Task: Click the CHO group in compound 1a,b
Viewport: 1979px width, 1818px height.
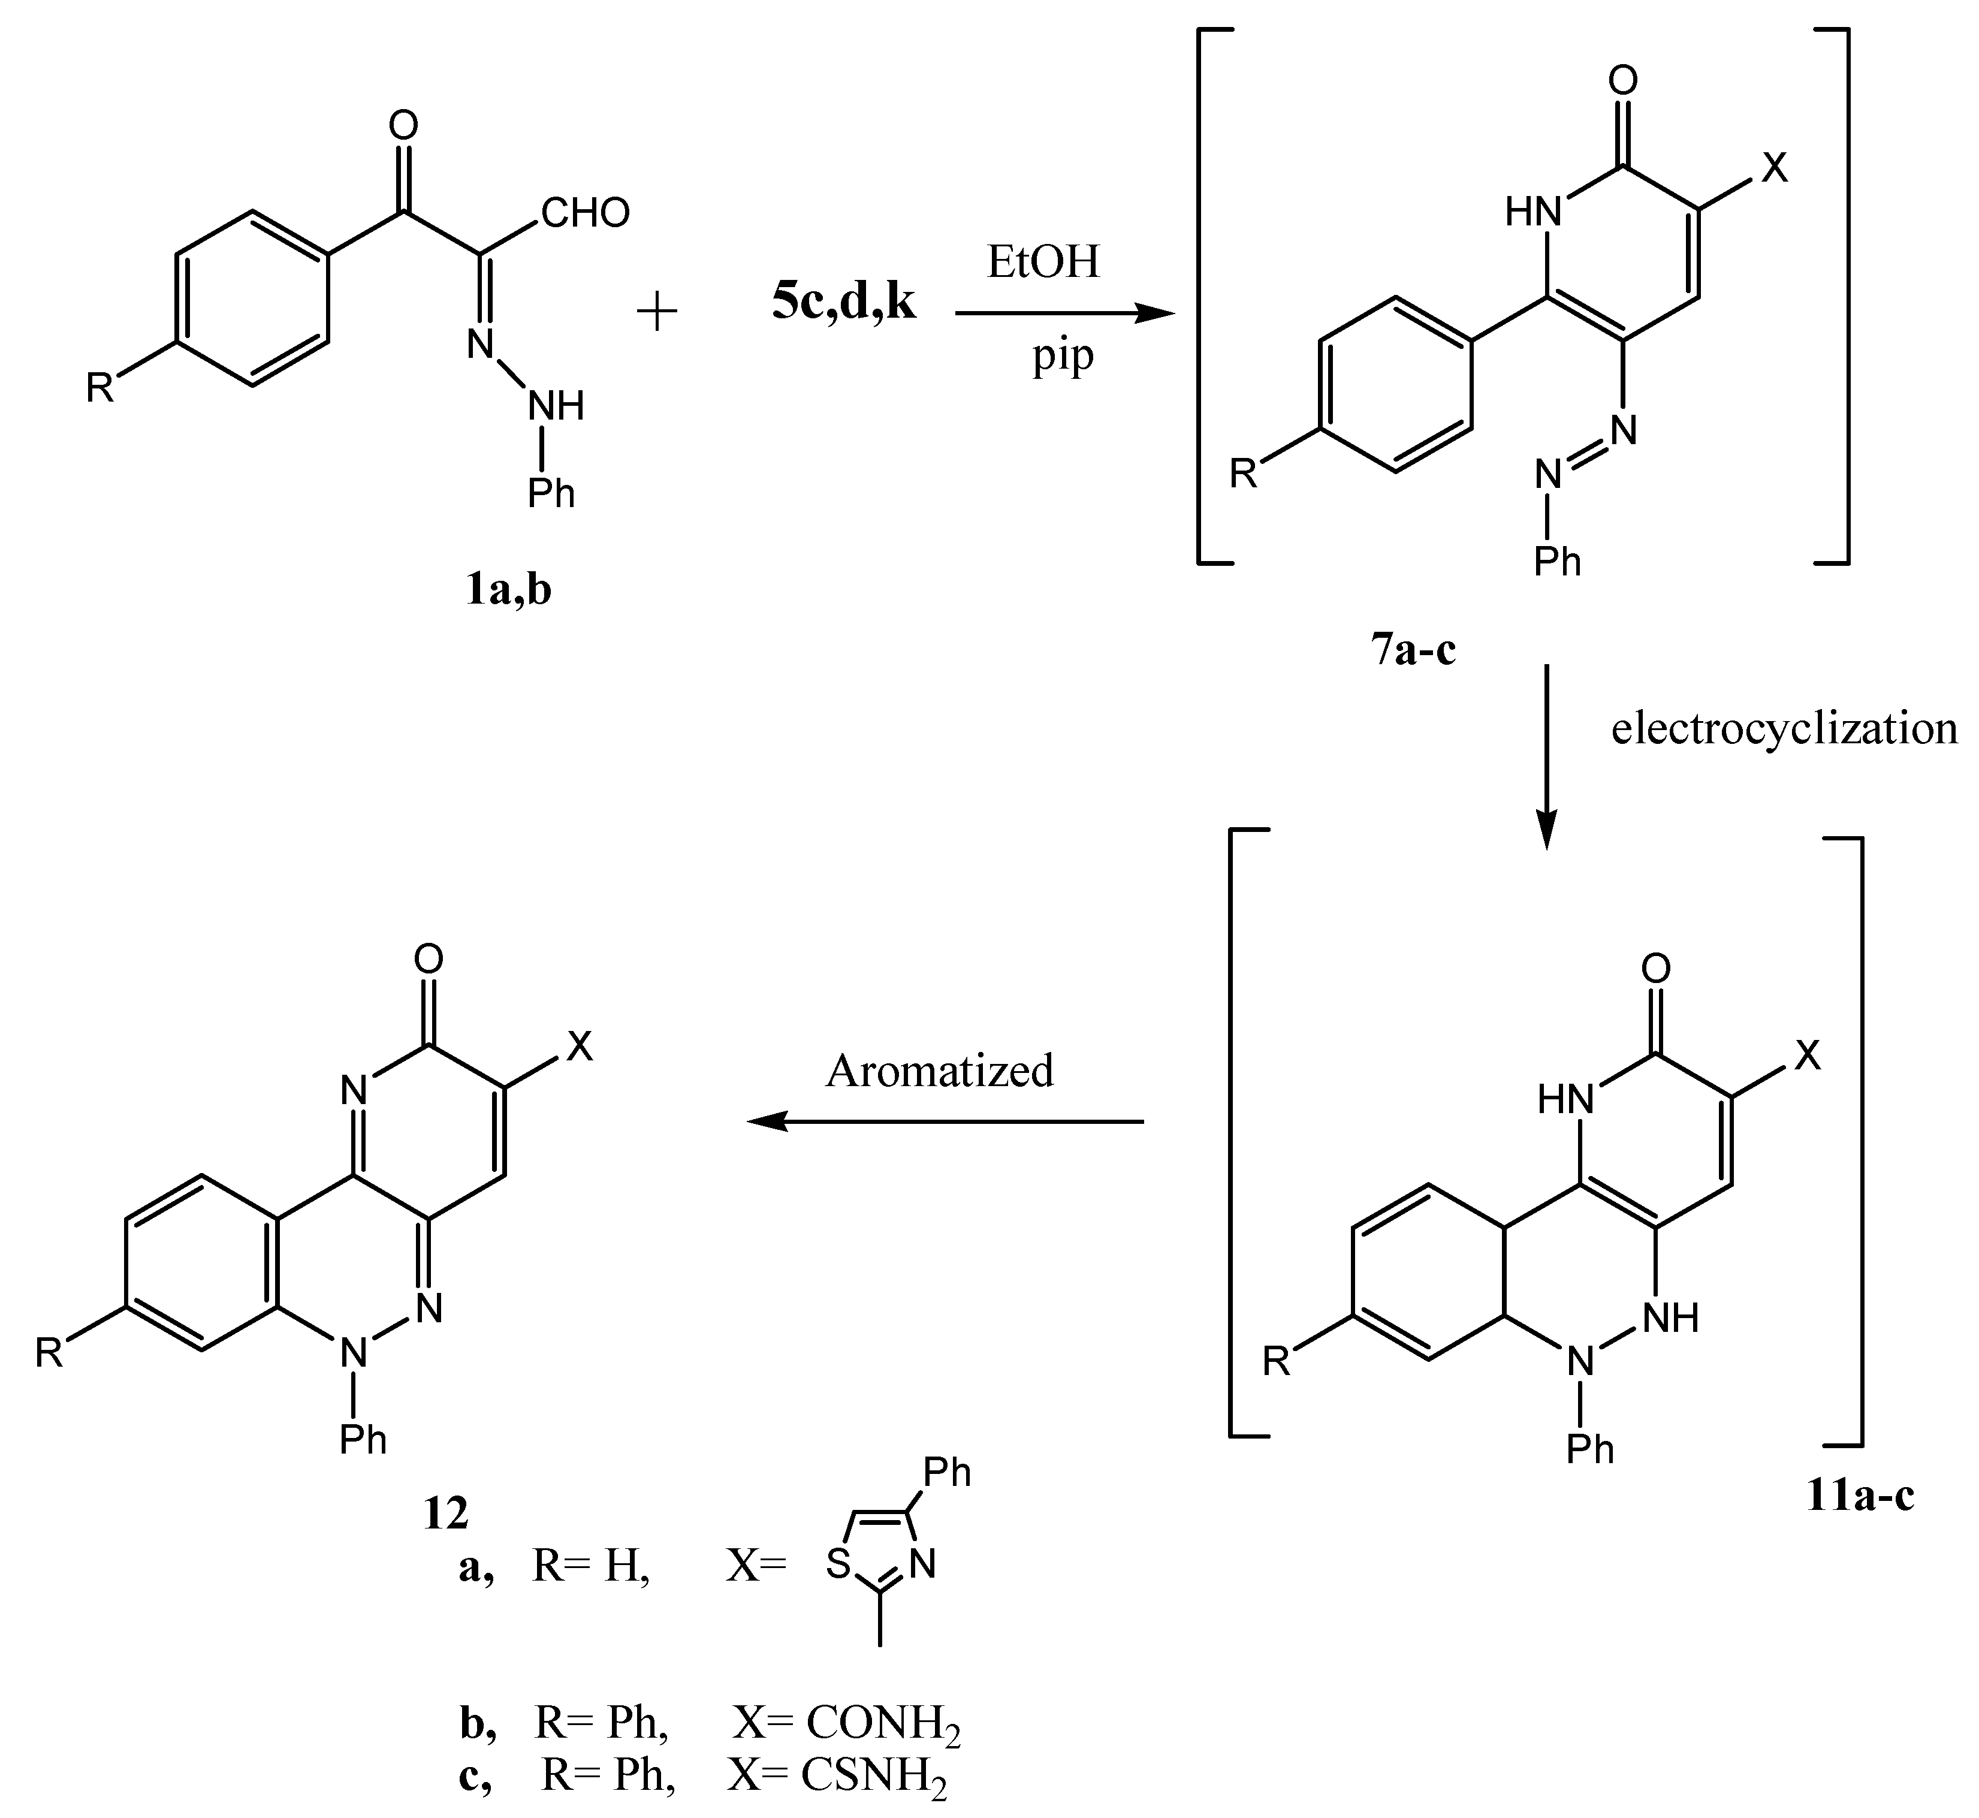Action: coord(585,213)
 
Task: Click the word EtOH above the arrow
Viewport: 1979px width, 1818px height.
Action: coord(1043,263)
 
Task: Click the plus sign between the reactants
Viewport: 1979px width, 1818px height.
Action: coord(657,313)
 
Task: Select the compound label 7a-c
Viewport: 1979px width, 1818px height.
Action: coord(1413,650)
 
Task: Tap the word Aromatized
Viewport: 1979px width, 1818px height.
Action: coord(939,1071)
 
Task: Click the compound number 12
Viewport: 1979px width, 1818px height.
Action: coord(445,1514)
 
